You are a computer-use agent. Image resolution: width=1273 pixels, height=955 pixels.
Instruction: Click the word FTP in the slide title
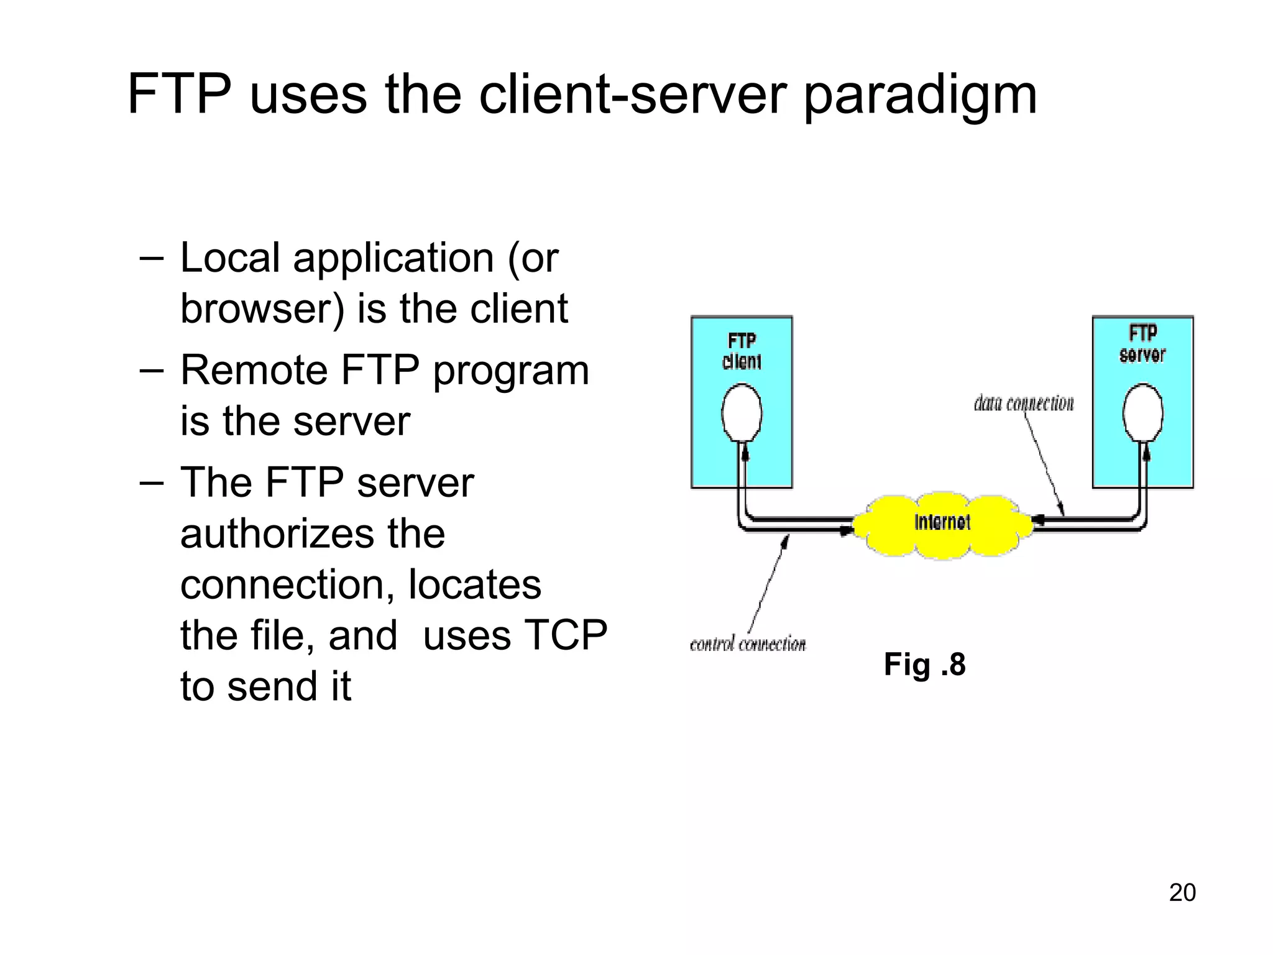178,95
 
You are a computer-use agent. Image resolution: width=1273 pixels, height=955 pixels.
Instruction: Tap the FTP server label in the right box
1142,344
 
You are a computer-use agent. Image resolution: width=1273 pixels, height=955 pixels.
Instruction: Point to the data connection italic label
1024,404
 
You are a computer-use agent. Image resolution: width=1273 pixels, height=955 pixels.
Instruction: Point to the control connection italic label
748,644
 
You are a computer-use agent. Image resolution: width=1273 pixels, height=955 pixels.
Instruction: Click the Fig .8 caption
924,664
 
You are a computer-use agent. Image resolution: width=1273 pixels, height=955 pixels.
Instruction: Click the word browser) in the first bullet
262,309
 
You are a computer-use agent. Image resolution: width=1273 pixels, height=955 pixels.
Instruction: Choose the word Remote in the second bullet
254,371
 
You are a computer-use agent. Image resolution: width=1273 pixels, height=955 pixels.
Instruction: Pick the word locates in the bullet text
474,585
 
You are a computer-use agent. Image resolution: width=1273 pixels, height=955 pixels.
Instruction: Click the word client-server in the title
633,95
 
